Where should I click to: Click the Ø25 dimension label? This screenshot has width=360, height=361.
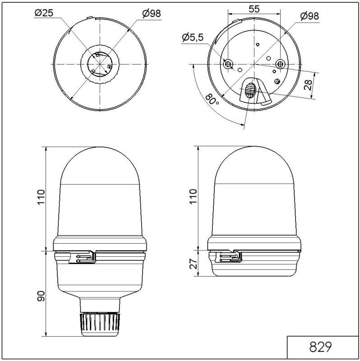coord(44,13)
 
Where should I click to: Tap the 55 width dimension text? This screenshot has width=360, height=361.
coord(254,8)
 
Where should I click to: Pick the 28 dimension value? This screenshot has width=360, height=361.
coord(308,84)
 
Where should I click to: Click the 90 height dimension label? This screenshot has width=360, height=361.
coord(41,296)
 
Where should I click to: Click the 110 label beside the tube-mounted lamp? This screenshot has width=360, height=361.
coord(41,198)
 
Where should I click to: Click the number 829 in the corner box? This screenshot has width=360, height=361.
coord(321,347)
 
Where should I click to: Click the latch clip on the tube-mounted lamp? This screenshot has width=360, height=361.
coord(85,258)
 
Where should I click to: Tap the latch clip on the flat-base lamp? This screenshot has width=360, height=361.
coord(231,257)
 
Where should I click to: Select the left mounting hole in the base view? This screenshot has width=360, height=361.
coord(228,65)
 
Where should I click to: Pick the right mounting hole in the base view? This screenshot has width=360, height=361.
coord(281,64)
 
